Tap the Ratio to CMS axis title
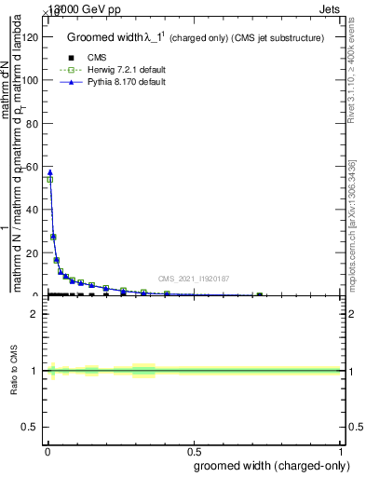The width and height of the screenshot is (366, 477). (15, 370)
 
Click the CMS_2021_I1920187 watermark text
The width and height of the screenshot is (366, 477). (193, 279)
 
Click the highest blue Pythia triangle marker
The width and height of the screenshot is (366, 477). (49, 172)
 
